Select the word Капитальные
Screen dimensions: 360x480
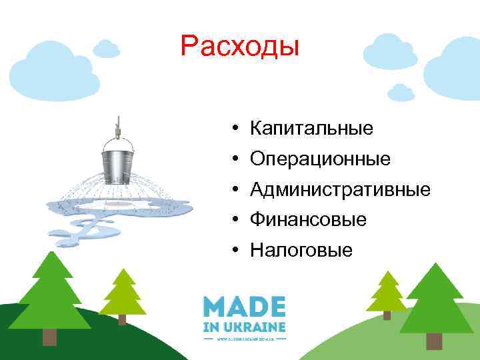tap(311, 127)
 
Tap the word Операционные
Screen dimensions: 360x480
tap(320, 159)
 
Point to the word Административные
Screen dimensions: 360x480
tap(340, 190)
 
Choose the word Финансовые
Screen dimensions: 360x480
tap(308, 219)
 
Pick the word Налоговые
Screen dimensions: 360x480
tap(301, 251)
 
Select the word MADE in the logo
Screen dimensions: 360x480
tap(244, 308)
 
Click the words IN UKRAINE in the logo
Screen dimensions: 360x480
tap(244, 327)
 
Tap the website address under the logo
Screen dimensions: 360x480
tap(244, 338)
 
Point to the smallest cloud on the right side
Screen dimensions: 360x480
tap(401, 91)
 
